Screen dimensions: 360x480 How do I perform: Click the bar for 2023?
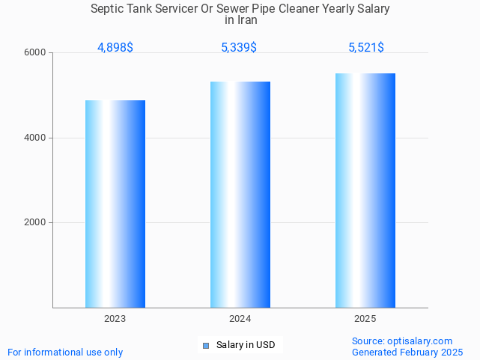tap(115, 204)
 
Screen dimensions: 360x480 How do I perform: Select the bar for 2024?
tap(240, 195)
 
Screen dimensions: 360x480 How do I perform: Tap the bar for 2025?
tap(365, 190)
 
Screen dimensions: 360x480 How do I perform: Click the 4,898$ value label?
tap(115, 48)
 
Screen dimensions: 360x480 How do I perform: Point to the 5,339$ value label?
tap(239, 48)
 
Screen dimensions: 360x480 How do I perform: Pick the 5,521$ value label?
tap(366, 48)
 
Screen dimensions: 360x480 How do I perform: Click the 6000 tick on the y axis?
tap(37, 53)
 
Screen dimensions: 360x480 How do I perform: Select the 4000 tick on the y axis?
tap(37, 138)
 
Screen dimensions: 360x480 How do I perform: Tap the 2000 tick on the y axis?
tap(37, 223)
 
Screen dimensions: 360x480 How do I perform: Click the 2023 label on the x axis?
tap(115, 319)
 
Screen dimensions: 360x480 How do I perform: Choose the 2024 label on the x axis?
tap(240, 319)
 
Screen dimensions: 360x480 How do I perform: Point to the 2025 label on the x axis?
tap(365, 319)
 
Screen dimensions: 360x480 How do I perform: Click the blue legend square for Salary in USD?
tap(206, 345)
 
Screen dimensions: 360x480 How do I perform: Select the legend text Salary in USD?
tap(246, 345)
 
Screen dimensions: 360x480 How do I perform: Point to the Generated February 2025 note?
tap(407, 352)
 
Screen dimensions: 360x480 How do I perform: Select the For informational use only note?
tap(65, 352)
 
